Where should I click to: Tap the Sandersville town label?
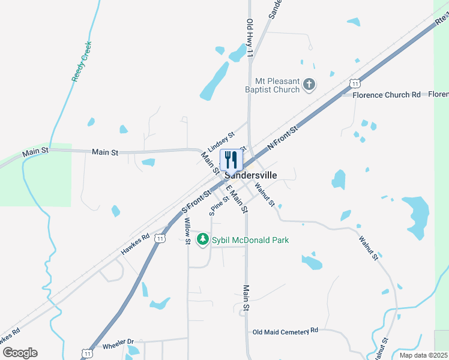point(251,175)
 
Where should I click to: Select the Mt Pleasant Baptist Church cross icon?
point(309,85)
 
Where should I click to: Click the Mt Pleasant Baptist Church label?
point(277,85)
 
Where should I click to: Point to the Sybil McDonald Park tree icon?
point(203,240)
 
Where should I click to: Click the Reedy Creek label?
point(81,62)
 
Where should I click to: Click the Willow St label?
point(187,231)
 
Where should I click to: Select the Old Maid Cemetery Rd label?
point(285,331)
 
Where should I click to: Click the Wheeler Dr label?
point(118,346)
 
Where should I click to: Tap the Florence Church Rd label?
point(387,95)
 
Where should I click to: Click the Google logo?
point(20,353)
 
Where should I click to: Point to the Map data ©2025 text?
point(423,355)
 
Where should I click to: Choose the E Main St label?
point(237,199)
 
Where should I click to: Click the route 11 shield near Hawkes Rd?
point(160,238)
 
